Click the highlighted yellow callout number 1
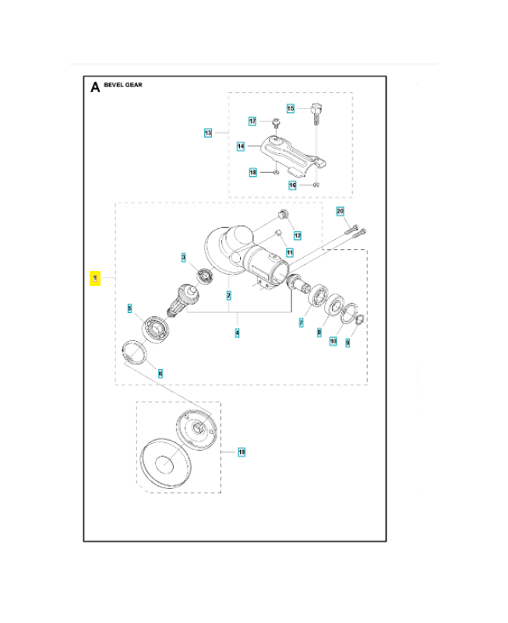click(x=94, y=277)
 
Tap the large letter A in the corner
click(x=95, y=86)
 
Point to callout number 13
click(x=208, y=133)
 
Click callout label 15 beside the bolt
click(x=291, y=109)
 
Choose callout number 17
click(x=252, y=121)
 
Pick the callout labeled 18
click(x=252, y=172)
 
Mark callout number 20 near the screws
click(x=340, y=212)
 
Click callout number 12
click(x=297, y=235)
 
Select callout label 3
click(x=184, y=257)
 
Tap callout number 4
click(x=238, y=333)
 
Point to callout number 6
click(x=161, y=374)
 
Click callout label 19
click(x=242, y=452)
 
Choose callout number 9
click(x=347, y=342)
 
